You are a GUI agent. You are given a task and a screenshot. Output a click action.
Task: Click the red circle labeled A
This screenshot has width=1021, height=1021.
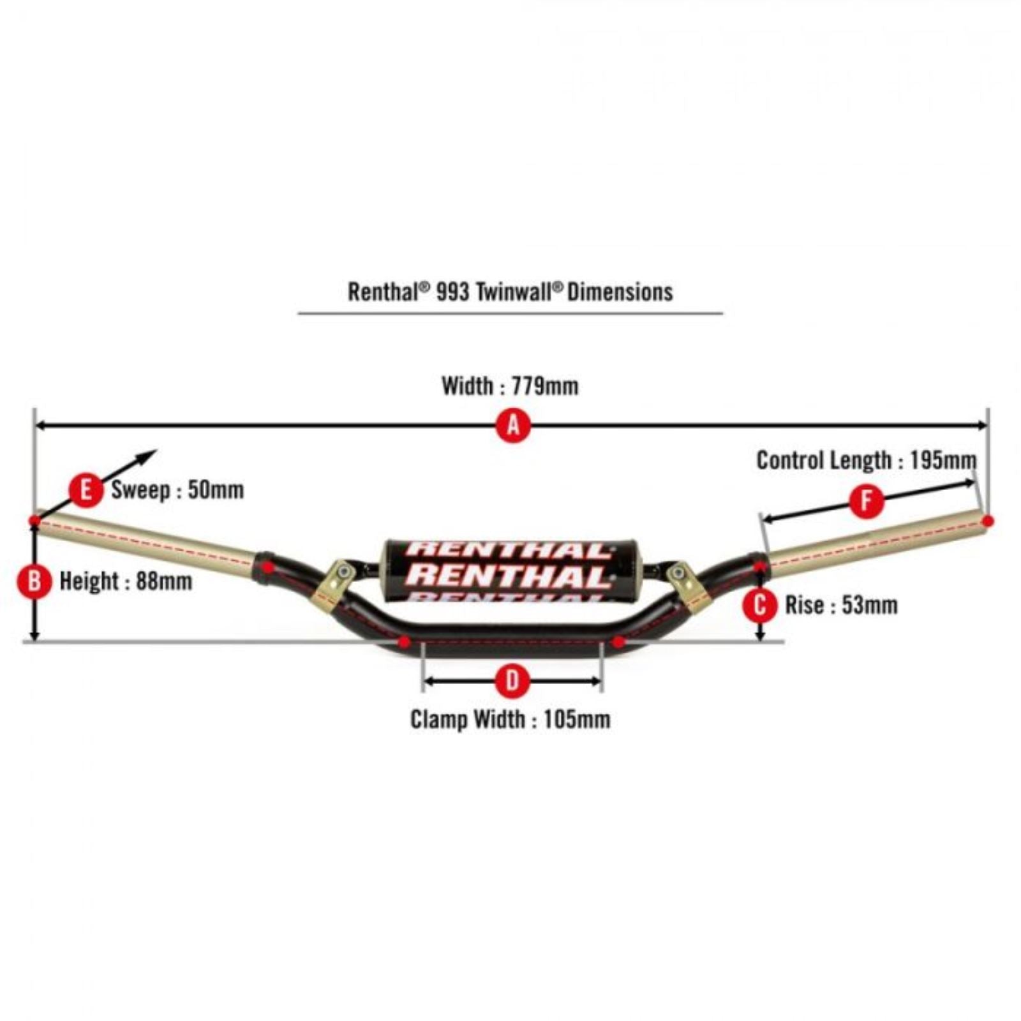click(x=514, y=425)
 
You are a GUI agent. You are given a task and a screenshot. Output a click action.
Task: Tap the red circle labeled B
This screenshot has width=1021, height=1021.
click(x=34, y=581)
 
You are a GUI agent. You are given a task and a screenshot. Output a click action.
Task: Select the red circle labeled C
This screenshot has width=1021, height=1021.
click(x=760, y=605)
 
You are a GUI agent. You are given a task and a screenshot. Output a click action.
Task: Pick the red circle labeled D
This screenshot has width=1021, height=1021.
click(x=512, y=682)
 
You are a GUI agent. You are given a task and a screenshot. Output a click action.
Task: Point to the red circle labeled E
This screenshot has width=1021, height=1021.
click(x=86, y=490)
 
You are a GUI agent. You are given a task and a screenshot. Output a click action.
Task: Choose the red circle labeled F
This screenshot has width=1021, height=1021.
click(x=867, y=501)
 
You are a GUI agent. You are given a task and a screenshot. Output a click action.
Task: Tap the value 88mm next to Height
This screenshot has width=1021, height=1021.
click(x=164, y=581)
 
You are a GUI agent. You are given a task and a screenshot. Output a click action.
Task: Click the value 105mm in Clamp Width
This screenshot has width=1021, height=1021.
click(x=577, y=719)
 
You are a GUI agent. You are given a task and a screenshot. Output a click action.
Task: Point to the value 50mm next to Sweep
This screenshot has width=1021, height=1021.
click(x=216, y=490)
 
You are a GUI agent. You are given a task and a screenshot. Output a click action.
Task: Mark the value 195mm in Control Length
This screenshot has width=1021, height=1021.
click(x=943, y=460)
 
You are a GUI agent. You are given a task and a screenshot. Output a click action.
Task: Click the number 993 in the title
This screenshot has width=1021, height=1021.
click(x=453, y=292)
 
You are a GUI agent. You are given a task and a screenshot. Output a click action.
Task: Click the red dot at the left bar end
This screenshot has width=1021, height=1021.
click(x=34, y=521)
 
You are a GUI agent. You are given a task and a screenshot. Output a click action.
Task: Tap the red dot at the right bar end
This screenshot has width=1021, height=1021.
click(x=988, y=521)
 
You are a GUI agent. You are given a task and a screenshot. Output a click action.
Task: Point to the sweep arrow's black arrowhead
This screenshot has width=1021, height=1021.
click(x=148, y=456)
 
